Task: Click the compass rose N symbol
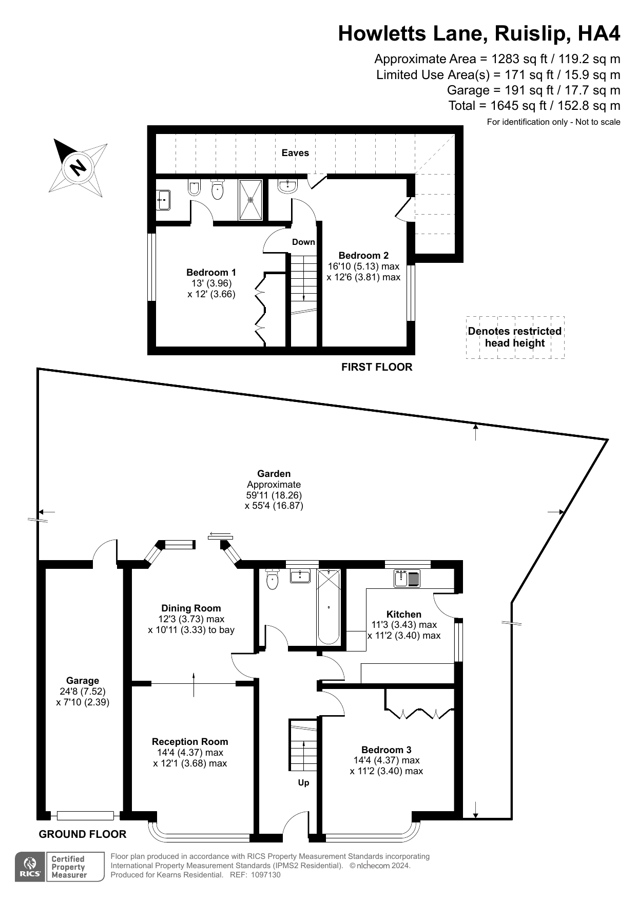pyautogui.click(x=78, y=167)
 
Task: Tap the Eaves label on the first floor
pyautogui.click(x=295, y=153)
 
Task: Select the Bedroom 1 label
pyautogui.click(x=211, y=273)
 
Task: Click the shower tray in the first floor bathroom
pyautogui.click(x=250, y=200)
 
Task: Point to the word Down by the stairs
pyautogui.click(x=303, y=242)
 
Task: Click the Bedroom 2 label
pyautogui.click(x=363, y=256)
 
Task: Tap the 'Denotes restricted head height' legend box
pyautogui.click(x=515, y=337)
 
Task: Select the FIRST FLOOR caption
pyautogui.click(x=377, y=367)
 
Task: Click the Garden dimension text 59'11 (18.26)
pyautogui.click(x=274, y=495)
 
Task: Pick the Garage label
pyautogui.click(x=83, y=681)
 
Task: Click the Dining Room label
pyautogui.click(x=191, y=608)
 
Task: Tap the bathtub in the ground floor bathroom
pyautogui.click(x=329, y=607)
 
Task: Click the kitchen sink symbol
pyautogui.click(x=407, y=579)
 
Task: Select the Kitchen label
pyautogui.click(x=404, y=615)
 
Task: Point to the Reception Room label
pyautogui.click(x=190, y=742)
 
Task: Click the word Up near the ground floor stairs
pyautogui.click(x=303, y=783)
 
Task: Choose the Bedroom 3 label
pyautogui.click(x=386, y=750)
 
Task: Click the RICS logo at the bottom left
pyautogui.click(x=31, y=867)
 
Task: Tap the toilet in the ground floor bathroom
pyautogui.click(x=272, y=580)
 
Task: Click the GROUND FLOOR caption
pyautogui.click(x=83, y=834)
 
